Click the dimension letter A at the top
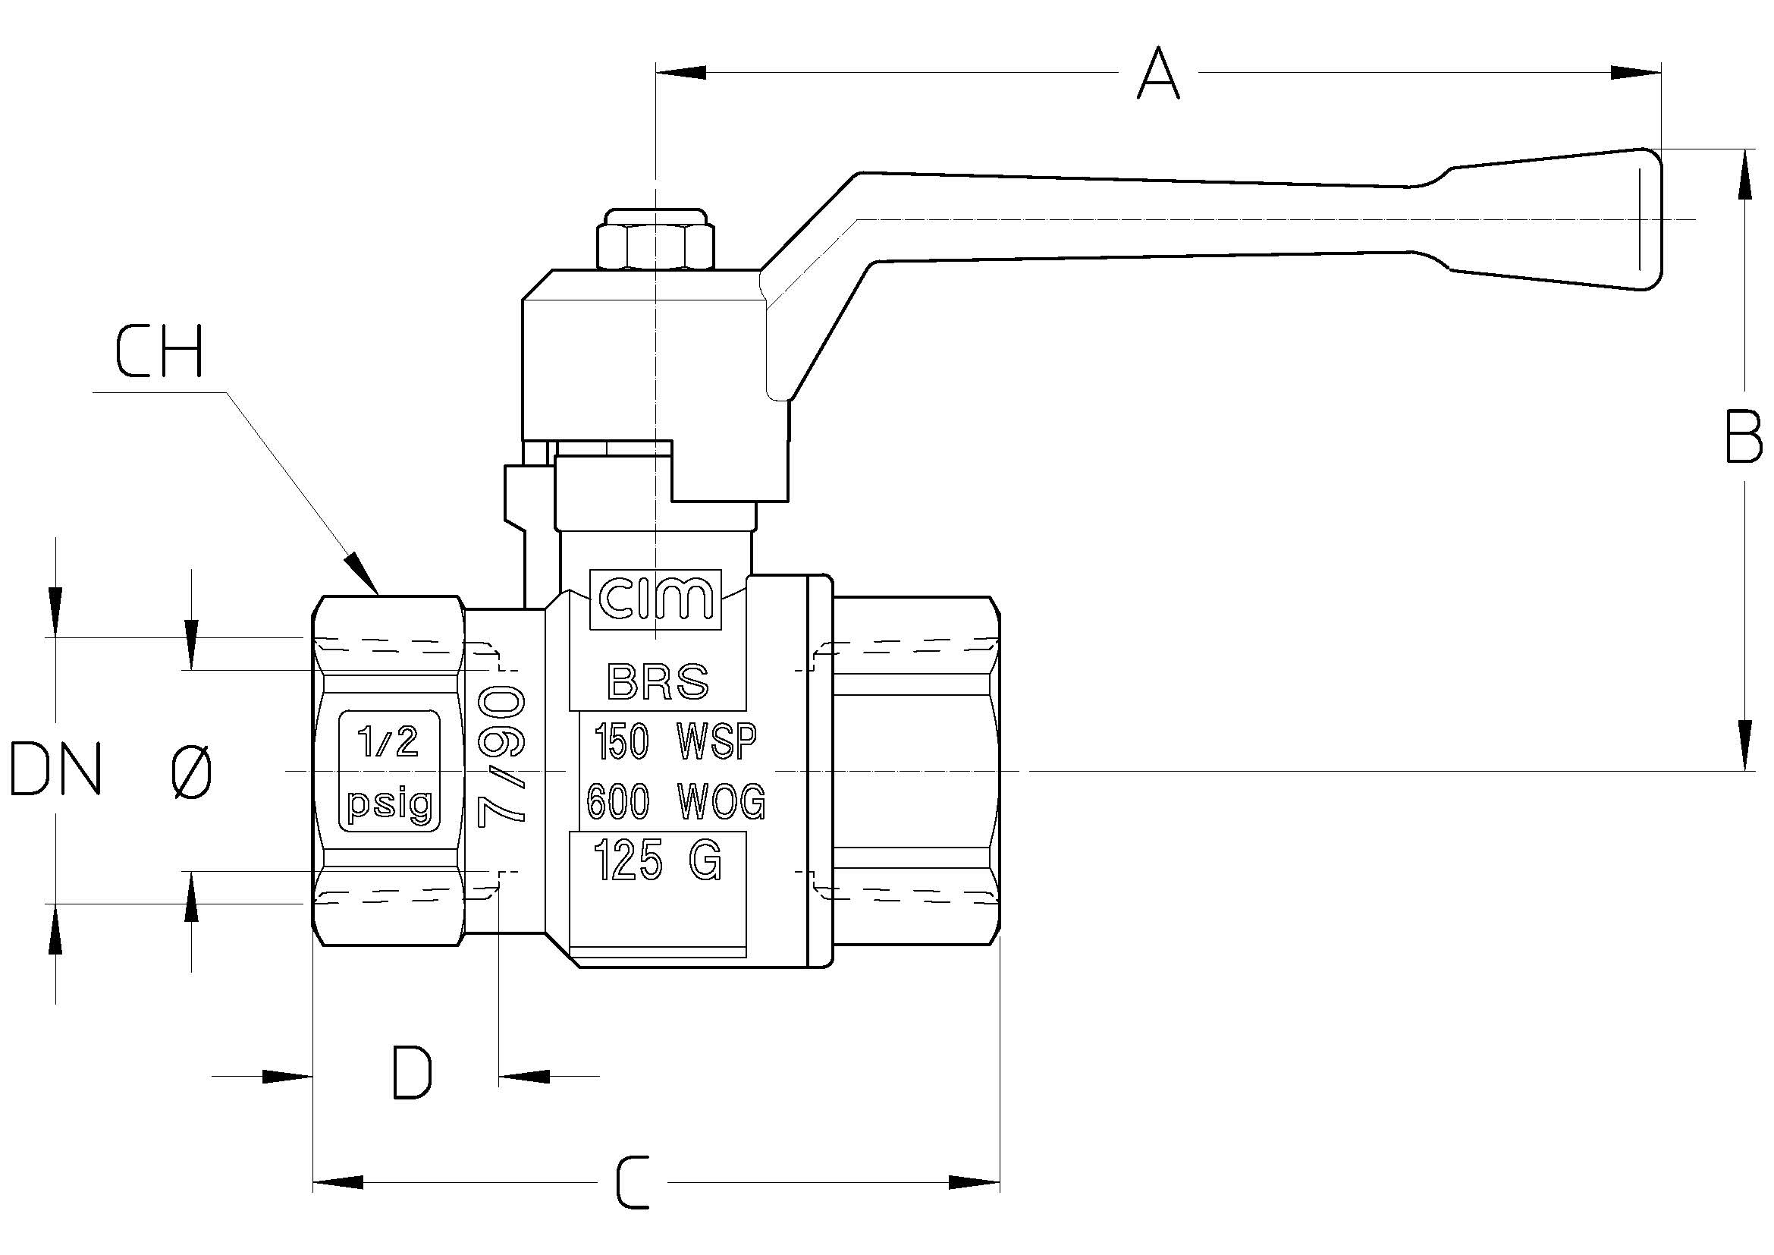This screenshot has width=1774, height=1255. coord(1158,74)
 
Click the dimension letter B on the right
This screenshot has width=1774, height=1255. coord(1744,437)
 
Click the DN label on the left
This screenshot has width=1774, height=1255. coord(55,769)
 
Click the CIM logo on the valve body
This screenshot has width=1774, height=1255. coord(655,599)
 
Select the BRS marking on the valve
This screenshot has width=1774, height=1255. coord(658,681)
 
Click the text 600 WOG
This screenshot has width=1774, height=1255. coord(675,801)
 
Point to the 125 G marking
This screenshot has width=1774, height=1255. coord(657,861)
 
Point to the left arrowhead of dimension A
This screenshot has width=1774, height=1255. coord(680,73)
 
